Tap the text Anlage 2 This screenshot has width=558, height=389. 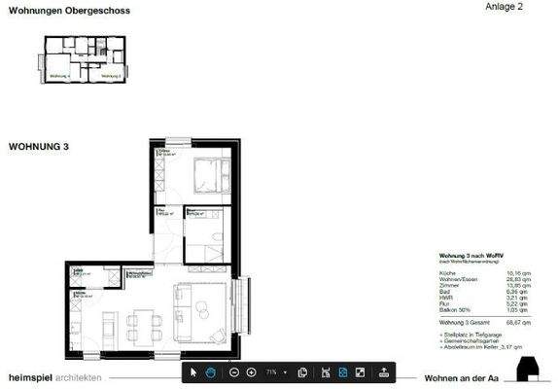[504, 7]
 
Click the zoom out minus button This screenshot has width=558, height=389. [233, 372]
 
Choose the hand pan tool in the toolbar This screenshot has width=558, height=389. [209, 372]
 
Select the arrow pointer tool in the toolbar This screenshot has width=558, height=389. [192, 372]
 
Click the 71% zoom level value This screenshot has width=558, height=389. [271, 372]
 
